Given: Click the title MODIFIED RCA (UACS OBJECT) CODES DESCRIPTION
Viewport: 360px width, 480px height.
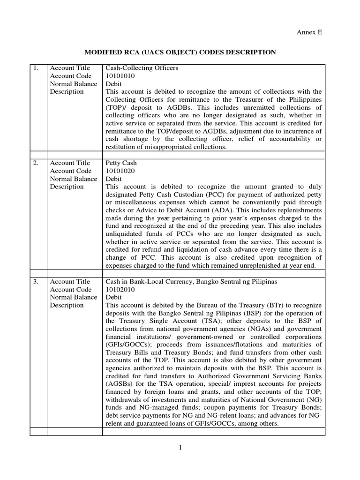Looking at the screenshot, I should pos(180,52).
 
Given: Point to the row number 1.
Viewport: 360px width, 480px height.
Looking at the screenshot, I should pos(36,68).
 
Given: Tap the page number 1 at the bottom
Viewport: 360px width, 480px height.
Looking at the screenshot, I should pos(180,448).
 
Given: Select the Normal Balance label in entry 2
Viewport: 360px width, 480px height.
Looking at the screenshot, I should pos(74,179).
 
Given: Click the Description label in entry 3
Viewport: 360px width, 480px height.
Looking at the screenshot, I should pos(67,306).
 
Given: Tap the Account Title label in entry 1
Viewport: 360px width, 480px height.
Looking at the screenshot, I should pos(70,68).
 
